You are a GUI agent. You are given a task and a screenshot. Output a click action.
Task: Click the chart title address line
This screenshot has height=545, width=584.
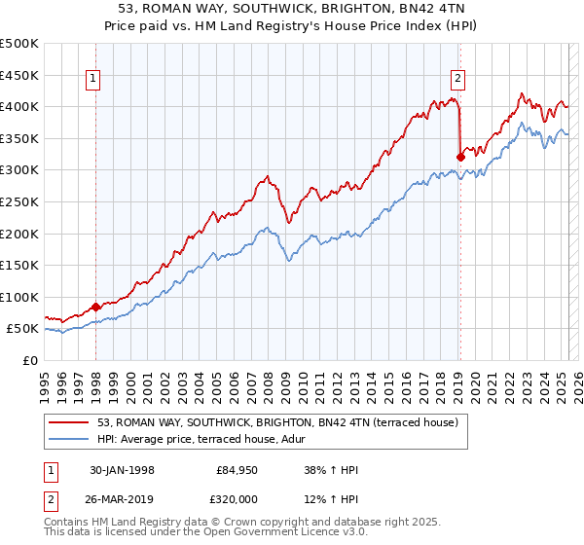coord(291,9)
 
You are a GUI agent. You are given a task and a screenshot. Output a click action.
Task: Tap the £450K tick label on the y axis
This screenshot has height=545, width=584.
coord(19,75)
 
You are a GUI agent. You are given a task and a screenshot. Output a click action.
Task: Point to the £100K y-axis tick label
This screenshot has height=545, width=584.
coord(19,297)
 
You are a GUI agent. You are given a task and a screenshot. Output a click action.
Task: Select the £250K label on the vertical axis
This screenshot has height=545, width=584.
coord(19,201)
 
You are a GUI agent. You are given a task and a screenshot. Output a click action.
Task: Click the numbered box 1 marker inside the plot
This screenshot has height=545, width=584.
coord(94,80)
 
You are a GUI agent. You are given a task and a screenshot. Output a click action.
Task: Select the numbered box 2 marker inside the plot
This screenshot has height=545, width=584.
coord(457,80)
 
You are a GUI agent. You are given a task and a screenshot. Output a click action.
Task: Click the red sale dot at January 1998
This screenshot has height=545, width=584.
coord(95,306)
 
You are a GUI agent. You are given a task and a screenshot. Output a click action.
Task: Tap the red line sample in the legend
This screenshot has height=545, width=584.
coord(69,421)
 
